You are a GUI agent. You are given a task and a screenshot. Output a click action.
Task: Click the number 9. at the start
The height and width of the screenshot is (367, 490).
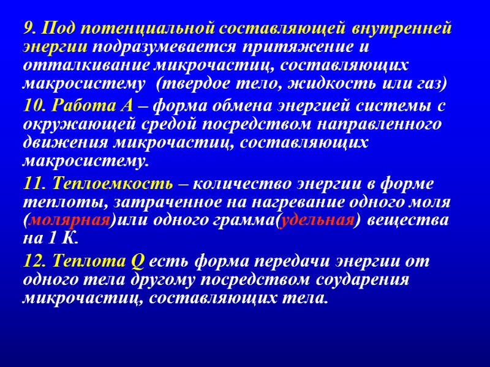click(x=31, y=29)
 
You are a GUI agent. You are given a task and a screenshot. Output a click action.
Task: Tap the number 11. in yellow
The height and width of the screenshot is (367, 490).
click(x=36, y=183)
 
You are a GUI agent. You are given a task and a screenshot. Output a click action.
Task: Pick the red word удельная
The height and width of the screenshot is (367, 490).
click(x=317, y=220)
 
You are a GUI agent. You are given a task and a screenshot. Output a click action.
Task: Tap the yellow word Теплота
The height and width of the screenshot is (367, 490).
click(x=90, y=261)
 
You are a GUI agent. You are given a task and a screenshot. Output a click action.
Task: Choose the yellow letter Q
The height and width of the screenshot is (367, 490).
click(x=138, y=262)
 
